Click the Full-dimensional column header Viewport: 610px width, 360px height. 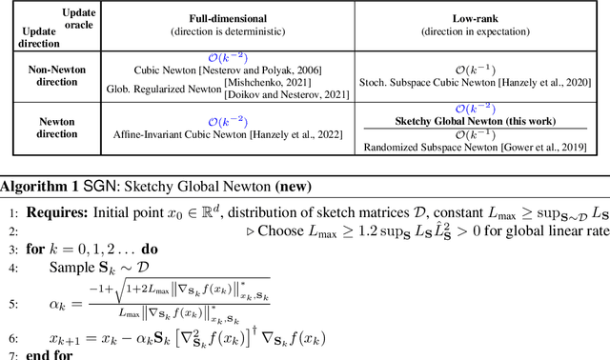[x=222, y=18]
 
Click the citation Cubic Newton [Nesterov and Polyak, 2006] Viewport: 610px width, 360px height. [x=229, y=69]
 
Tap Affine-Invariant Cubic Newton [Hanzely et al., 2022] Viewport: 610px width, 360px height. [x=222, y=133]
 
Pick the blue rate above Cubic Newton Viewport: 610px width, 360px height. [x=223, y=56]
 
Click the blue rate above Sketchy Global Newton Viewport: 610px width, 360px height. [x=478, y=110]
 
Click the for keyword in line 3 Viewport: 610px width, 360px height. [x=33, y=246]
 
